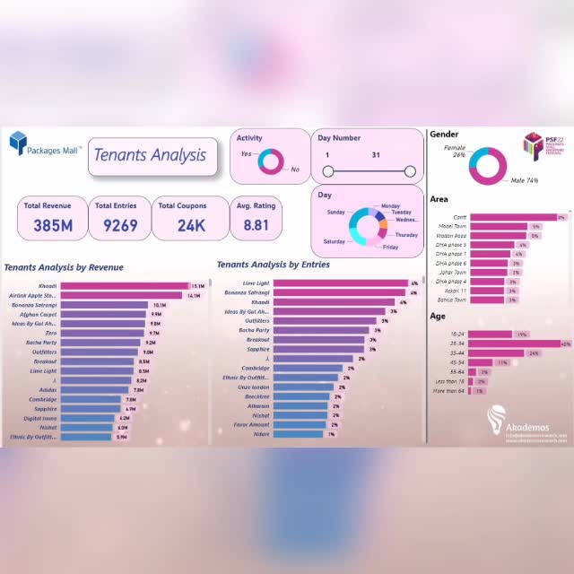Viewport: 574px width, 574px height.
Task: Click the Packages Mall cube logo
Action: (20, 143)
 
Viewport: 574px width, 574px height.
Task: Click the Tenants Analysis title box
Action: (151, 156)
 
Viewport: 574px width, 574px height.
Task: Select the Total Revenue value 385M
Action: (53, 225)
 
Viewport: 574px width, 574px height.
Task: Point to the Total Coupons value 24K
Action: (191, 225)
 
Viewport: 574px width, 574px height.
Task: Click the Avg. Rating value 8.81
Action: (256, 225)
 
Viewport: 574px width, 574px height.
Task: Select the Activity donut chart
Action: (270, 161)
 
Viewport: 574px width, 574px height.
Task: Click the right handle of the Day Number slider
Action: (410, 171)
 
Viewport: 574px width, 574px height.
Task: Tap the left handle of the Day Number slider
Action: (327, 171)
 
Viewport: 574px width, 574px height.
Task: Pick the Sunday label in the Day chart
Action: (335, 213)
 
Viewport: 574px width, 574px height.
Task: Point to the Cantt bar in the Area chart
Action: (512, 216)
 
